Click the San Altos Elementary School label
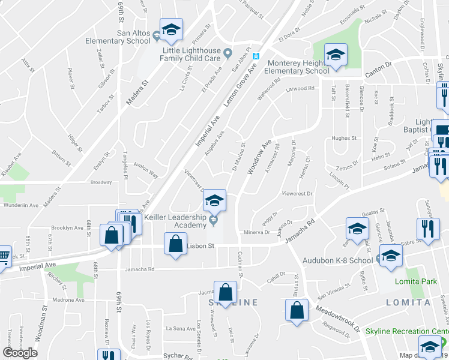click(x=125, y=37)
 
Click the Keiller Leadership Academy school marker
click(x=214, y=201)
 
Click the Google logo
click(x=20, y=353)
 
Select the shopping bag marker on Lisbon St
click(x=175, y=245)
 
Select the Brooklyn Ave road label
click(x=67, y=228)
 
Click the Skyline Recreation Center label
click(x=415, y=331)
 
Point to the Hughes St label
click(x=344, y=138)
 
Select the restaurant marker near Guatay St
click(x=428, y=230)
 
